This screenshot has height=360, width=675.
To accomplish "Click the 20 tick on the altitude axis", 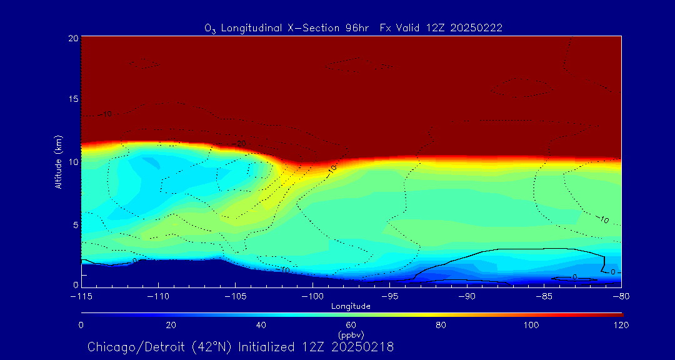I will coord(72,38).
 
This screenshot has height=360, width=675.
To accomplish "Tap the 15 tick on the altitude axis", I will coord(72,99).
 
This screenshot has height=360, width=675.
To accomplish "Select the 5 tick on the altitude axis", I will coord(74,224).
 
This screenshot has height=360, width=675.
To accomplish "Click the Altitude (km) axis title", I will coord(58,161).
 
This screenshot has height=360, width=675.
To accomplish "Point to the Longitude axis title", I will coord(351,306).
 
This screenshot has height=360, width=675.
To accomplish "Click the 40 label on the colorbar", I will coord(261,325).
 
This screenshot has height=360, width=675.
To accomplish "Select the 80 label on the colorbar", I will coord(441,325).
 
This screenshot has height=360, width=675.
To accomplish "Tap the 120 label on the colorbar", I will coord(621,325).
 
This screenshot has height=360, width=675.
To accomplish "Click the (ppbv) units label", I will coord(351,335).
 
